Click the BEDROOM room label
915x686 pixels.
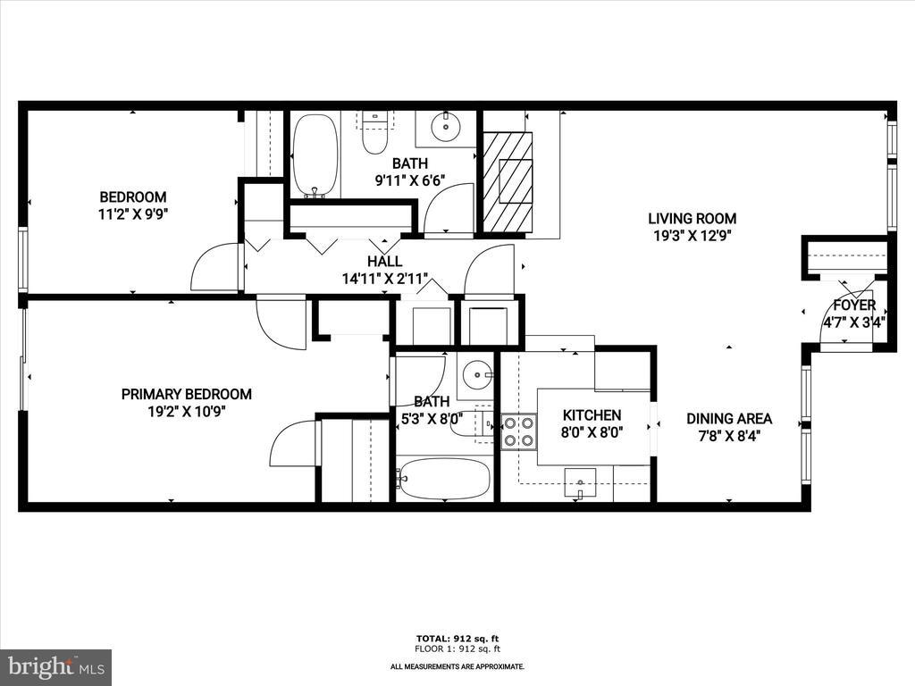[x=132, y=197]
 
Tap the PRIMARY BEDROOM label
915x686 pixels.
[x=186, y=394]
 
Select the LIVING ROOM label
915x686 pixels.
[x=692, y=218]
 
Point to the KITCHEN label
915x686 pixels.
[x=591, y=415]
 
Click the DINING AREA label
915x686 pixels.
[x=728, y=418]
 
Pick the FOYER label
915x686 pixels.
[x=854, y=305]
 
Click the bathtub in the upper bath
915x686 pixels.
[x=315, y=155]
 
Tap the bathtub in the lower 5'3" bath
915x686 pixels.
[x=444, y=479]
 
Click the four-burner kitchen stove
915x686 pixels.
[x=518, y=431]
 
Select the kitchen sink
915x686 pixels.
[x=581, y=485]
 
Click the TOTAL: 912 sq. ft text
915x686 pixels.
[x=457, y=638]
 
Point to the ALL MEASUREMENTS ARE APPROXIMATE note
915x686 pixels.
[x=457, y=666]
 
